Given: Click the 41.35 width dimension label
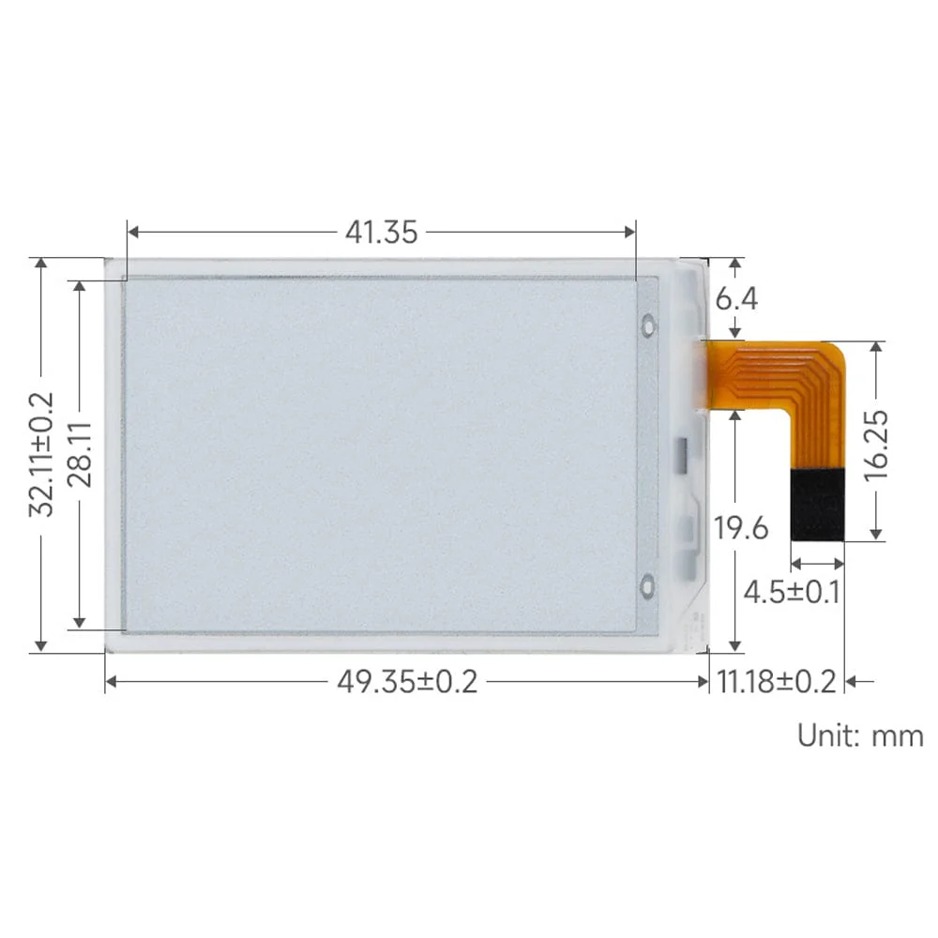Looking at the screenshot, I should [381, 232].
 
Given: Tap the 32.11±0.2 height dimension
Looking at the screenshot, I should [41, 454].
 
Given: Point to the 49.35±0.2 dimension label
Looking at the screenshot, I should [407, 682].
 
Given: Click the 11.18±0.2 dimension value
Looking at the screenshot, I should [776, 682].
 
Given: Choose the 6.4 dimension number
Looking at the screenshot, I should [736, 299].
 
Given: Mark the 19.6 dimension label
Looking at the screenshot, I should [742, 528].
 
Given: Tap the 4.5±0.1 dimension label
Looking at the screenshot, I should [791, 593].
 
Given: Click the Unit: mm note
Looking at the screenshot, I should [860, 734].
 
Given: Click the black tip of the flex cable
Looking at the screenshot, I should [817, 505].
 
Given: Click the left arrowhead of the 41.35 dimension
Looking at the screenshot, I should [131, 232].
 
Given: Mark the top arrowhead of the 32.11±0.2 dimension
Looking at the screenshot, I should [40, 264].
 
